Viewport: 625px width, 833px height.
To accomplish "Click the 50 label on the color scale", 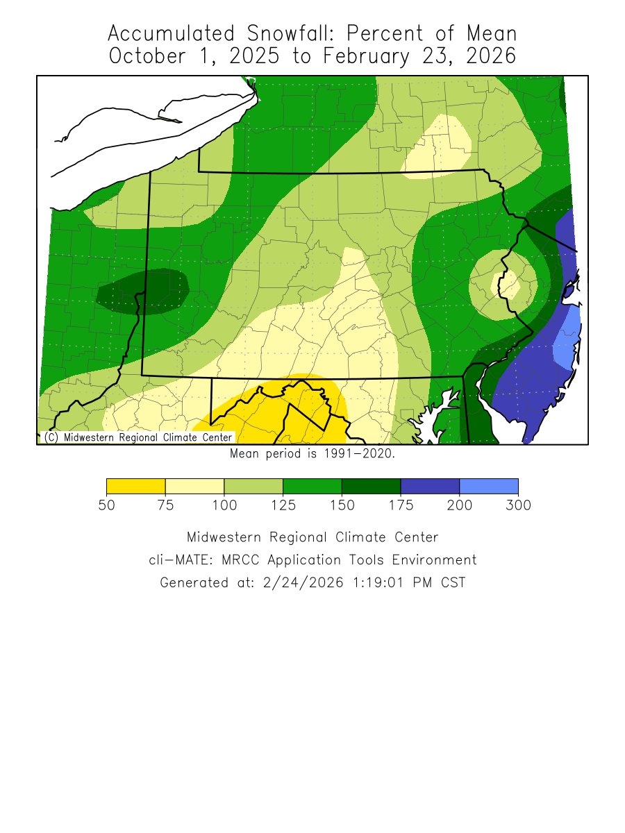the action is [106, 505].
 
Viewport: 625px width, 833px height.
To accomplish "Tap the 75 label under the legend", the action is [165, 505].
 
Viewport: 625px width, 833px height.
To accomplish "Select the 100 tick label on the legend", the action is [224, 505].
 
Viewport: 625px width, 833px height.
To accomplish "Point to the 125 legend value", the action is [283, 505].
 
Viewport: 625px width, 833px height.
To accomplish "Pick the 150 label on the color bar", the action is [342, 505].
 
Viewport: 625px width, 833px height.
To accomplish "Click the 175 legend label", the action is [401, 505].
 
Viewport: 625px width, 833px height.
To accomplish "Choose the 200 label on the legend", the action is [460, 505].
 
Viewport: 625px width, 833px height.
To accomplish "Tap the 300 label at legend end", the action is [518, 505].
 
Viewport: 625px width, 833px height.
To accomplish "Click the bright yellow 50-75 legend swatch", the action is [135, 486].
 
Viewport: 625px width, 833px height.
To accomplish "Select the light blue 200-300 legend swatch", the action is [489, 486].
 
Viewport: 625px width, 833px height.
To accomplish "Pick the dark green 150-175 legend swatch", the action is [371, 486].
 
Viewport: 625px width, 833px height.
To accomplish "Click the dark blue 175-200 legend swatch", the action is [430, 486].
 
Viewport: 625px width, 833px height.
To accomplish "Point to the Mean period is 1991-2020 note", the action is [312, 454].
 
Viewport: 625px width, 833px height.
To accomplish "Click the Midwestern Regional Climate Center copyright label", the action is [137, 437].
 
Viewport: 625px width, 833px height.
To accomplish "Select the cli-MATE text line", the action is [312, 560].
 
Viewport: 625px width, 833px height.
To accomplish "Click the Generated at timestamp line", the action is [312, 583].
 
